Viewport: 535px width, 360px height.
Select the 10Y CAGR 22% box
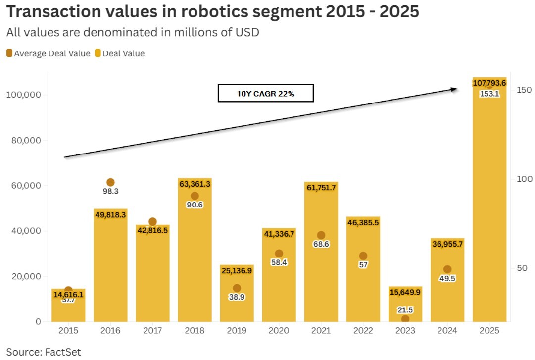tap(266, 93)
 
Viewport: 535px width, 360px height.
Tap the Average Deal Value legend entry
tap(49, 53)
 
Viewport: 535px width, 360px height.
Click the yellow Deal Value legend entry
tap(120, 53)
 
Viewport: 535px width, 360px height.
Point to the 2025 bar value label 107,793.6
tap(489, 83)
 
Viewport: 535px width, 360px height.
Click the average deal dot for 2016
tap(110, 182)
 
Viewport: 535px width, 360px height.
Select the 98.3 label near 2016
tap(110, 191)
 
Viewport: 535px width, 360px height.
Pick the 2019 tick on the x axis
tap(237, 330)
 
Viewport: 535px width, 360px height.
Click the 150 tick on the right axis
tap(524, 90)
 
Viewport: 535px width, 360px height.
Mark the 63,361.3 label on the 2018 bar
tap(195, 184)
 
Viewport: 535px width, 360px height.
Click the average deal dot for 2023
tap(405, 319)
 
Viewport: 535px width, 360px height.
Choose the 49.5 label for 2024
tap(447, 278)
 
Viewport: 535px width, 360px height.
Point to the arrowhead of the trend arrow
tap(454, 89)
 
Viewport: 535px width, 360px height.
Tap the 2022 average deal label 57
tap(363, 265)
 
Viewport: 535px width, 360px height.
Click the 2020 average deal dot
tap(279, 254)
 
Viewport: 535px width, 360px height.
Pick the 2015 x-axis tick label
tap(68, 330)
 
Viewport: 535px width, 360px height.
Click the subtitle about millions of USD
tap(133, 33)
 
